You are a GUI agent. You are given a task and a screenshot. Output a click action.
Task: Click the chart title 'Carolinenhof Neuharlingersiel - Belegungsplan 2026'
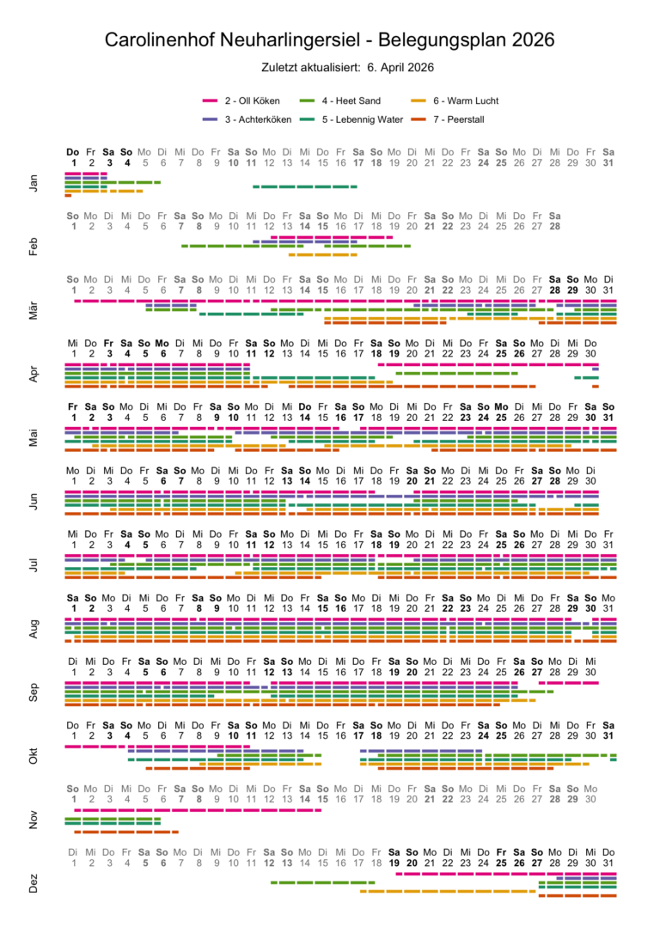coord(330,40)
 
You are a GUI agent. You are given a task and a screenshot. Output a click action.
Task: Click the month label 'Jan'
coord(34,182)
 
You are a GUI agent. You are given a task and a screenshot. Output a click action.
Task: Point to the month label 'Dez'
coord(34,883)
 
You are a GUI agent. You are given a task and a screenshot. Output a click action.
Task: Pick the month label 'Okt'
coord(34,756)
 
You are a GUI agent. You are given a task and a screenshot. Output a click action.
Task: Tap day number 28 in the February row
coord(555,227)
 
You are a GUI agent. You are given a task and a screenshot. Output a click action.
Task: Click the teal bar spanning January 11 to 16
coord(305,186)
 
